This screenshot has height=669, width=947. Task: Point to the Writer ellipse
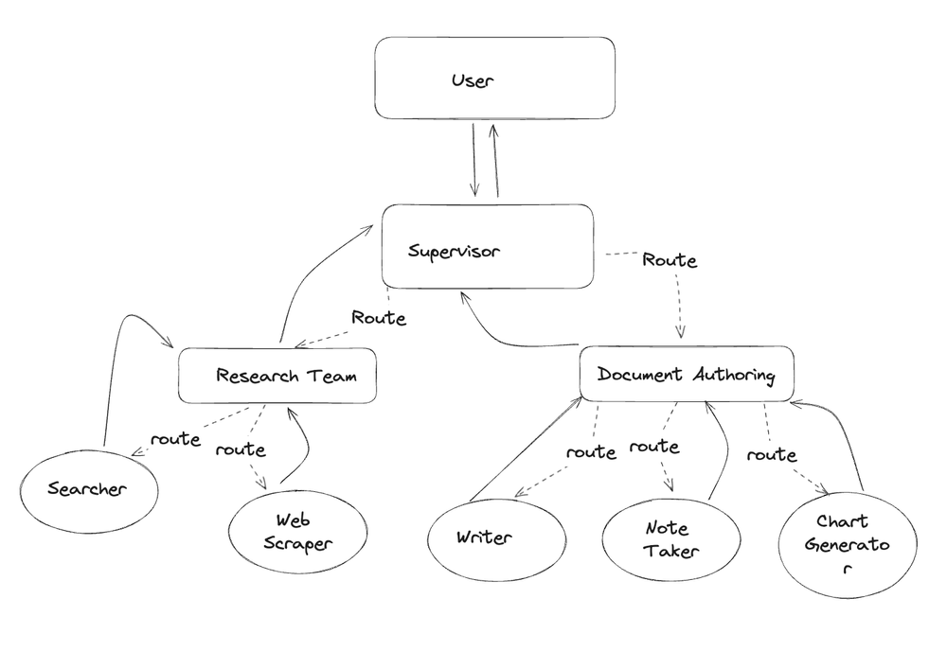(483, 537)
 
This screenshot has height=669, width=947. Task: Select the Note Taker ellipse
(667, 538)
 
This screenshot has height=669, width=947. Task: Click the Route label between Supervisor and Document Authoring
(669, 259)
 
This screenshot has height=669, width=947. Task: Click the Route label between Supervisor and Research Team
(378, 318)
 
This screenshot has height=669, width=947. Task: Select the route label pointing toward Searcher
(175, 439)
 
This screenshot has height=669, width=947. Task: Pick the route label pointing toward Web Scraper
(240, 449)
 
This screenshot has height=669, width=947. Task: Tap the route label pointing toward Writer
(591, 452)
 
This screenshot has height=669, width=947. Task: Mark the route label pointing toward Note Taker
(654, 446)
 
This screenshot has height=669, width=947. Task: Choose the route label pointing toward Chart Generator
(771, 455)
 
